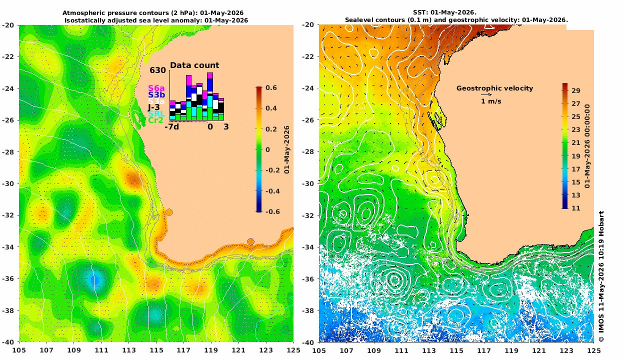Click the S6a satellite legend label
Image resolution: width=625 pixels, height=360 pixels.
(x=156, y=88)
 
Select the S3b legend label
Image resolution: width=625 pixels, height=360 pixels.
(x=156, y=95)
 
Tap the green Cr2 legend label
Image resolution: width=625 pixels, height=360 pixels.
(x=155, y=120)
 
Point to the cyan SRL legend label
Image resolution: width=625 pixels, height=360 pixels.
(x=156, y=114)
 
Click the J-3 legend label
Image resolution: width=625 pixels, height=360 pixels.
(x=154, y=107)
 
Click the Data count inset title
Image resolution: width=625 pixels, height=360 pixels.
(x=194, y=65)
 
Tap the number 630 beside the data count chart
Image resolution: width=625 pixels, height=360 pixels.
(x=157, y=70)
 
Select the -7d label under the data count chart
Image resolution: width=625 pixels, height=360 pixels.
(x=171, y=127)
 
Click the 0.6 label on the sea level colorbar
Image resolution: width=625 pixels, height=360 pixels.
(x=271, y=87)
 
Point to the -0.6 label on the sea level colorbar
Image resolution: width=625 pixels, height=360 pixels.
(x=272, y=211)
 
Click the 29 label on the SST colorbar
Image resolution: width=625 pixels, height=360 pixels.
(x=575, y=90)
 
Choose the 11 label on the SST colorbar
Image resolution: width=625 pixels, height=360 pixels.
(x=575, y=208)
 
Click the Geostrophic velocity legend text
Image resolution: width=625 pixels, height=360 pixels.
(x=494, y=88)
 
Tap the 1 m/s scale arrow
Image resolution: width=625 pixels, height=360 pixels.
(x=486, y=94)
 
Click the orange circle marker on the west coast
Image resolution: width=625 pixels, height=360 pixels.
(x=169, y=212)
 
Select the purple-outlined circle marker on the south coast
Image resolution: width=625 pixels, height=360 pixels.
(x=250, y=241)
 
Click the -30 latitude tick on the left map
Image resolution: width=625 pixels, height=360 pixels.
(x=8, y=183)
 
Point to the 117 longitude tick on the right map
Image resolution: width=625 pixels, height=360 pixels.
(x=484, y=350)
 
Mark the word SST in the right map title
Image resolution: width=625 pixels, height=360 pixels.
(x=419, y=12)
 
